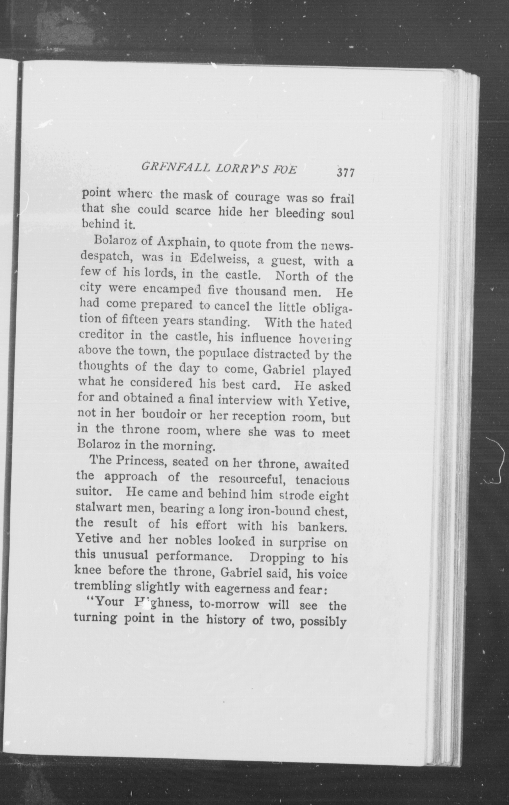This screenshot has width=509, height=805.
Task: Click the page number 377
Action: click(x=346, y=173)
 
